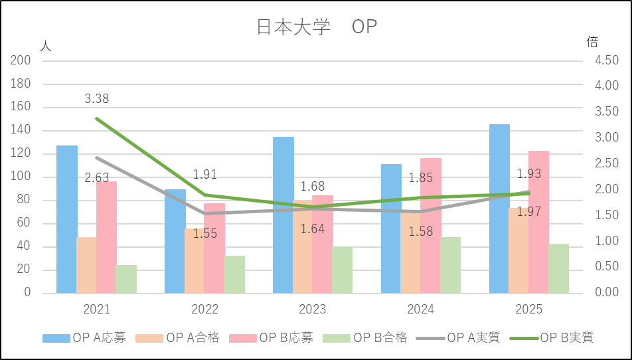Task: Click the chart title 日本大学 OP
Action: pyautogui.click(x=316, y=27)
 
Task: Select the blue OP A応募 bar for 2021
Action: pyautogui.click(x=66, y=219)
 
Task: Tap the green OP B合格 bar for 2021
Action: pyautogui.click(x=126, y=279)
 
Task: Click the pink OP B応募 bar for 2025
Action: pyautogui.click(x=538, y=222)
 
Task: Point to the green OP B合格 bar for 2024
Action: pyautogui.click(x=450, y=265)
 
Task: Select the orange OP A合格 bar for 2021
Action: pyautogui.click(x=86, y=265)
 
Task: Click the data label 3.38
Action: pyautogui.click(x=97, y=99)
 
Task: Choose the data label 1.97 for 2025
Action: pyautogui.click(x=529, y=211)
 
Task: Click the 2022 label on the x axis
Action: pyautogui.click(x=204, y=310)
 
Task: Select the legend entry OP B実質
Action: pyautogui.click(x=566, y=337)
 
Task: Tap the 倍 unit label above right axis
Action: pyautogui.click(x=592, y=42)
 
